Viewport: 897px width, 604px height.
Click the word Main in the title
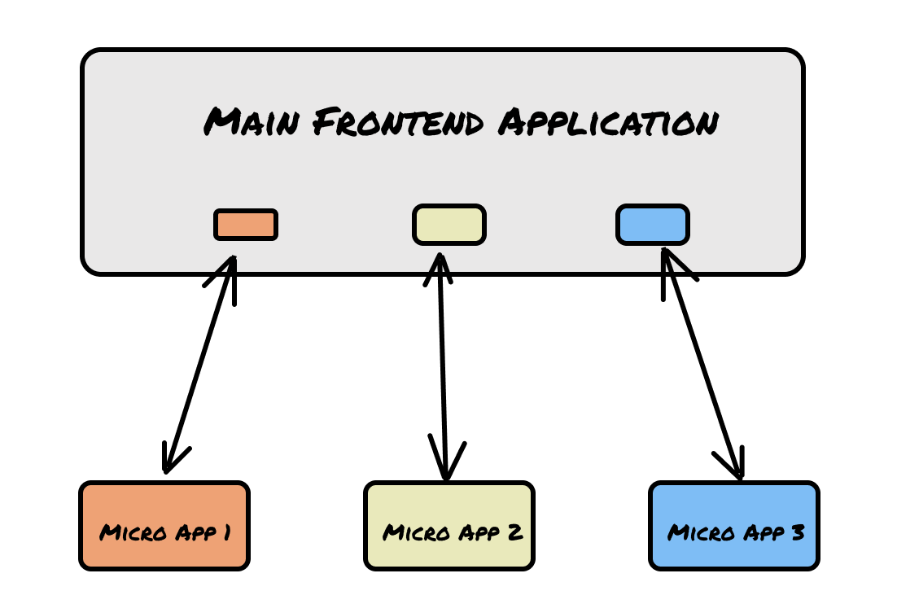coord(252,121)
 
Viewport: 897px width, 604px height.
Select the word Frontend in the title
coord(398,122)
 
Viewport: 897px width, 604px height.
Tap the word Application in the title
coord(608,122)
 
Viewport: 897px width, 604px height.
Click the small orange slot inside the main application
coord(246,225)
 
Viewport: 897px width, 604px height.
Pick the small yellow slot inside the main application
coord(449,224)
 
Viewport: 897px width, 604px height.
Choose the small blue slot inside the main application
coord(653,224)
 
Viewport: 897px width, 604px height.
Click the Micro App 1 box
coord(164,526)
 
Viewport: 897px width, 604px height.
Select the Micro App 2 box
coord(449,526)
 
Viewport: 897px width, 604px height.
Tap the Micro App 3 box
coord(734,526)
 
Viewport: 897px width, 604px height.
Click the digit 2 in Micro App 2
coord(515,532)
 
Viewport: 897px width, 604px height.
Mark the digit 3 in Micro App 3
coord(798,532)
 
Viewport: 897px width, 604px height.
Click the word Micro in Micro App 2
coord(417,532)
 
